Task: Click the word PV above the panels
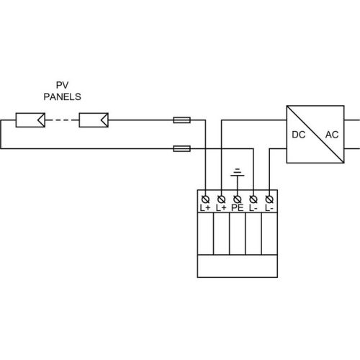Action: pos(63,85)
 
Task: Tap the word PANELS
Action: pos(63,96)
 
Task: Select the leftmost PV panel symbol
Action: pos(30,120)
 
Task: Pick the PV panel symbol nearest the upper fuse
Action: pos(94,120)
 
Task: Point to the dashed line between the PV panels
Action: pos(62,120)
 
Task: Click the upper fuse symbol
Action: pos(182,120)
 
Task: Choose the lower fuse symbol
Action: pos(182,149)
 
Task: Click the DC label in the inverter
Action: pos(299,135)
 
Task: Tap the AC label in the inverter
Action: pos(332,135)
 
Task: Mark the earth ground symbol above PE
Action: pos(238,173)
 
